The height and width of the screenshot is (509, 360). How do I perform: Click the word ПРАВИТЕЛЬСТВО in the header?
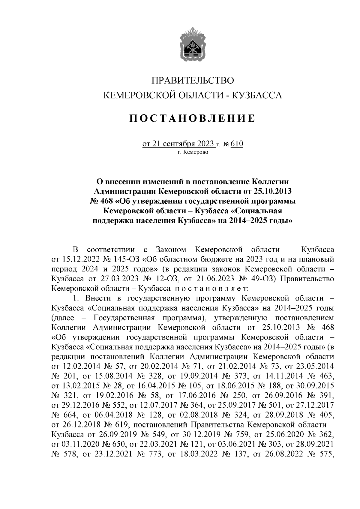pos(192,81)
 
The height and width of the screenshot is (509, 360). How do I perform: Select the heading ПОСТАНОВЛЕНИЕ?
pos(192,118)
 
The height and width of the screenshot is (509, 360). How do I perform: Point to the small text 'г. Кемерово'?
pos(192,152)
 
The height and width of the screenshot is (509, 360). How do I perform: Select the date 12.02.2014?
pos(81,366)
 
